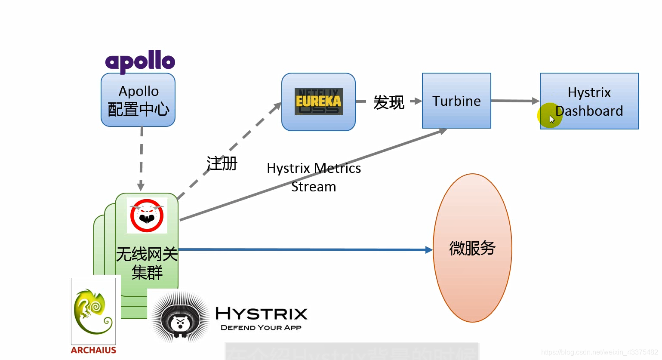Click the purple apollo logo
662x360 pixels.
click(x=140, y=62)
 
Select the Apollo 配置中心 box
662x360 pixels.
click(x=138, y=100)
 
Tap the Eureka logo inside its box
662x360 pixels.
click(x=318, y=102)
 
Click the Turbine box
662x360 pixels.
click(x=456, y=101)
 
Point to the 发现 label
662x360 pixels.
click(x=388, y=102)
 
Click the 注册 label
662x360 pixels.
click(x=222, y=164)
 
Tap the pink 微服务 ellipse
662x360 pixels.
click(x=472, y=248)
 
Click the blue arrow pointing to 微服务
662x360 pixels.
click(x=305, y=249)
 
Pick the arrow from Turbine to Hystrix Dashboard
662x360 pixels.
click(x=515, y=101)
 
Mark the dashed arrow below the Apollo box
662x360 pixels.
click(x=141, y=159)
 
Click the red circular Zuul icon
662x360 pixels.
click(x=147, y=215)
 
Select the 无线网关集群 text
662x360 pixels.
click(x=147, y=263)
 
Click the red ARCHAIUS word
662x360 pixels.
click(x=93, y=350)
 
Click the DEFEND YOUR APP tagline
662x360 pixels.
click(x=261, y=328)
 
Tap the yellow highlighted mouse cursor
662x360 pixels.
click(x=550, y=115)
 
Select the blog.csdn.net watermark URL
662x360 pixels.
click(x=600, y=352)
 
